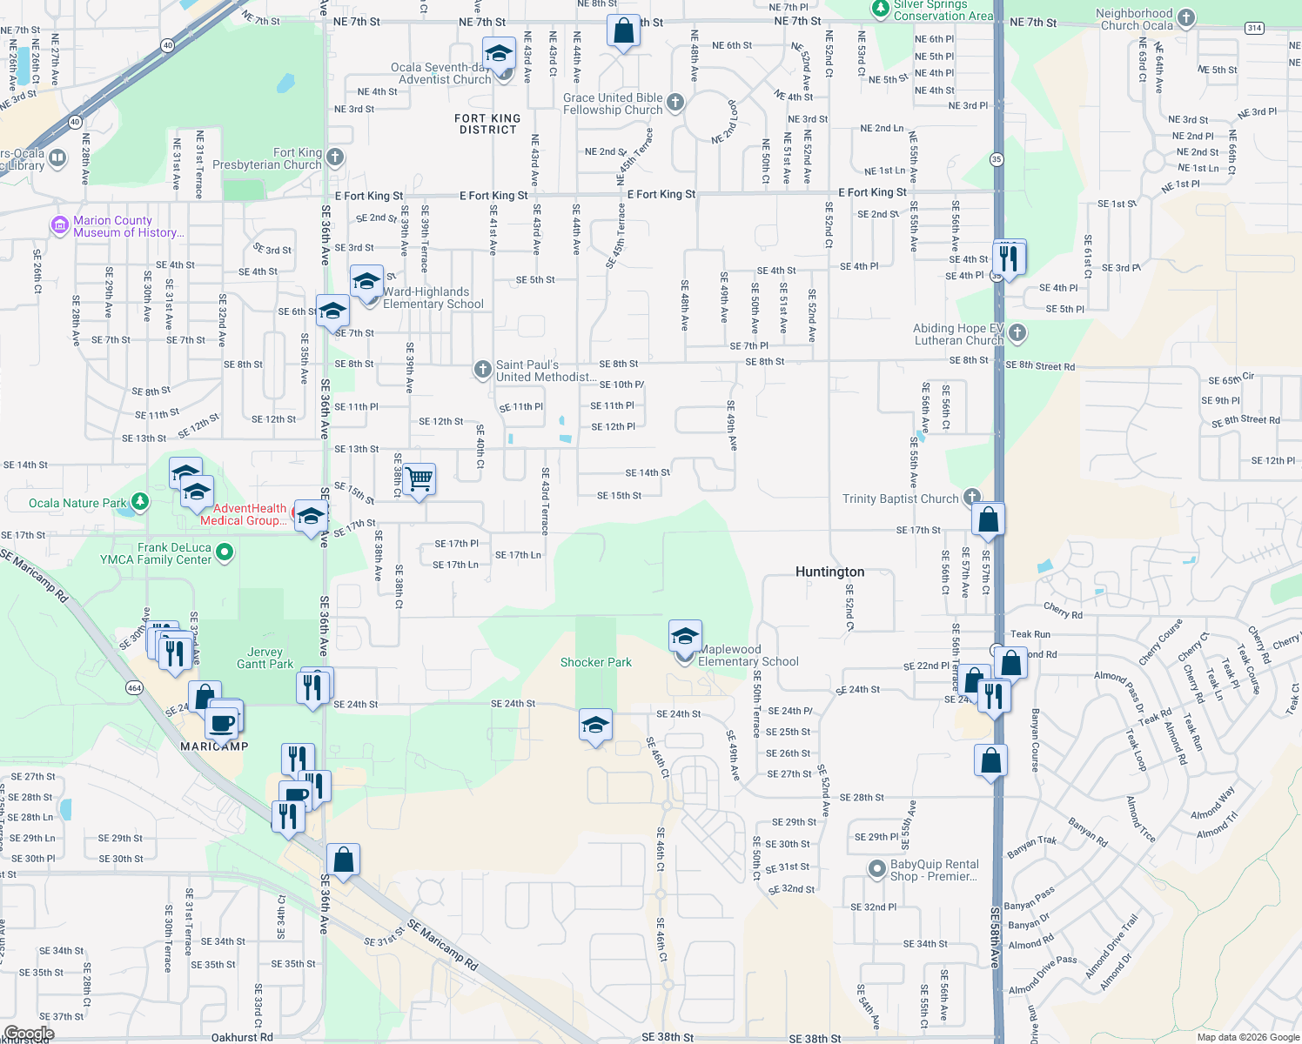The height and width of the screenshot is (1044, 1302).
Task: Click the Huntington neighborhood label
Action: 829,572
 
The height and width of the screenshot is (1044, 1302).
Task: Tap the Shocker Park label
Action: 595,662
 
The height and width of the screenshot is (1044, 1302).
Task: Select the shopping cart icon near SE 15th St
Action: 419,478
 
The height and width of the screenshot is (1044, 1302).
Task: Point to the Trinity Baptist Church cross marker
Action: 971,499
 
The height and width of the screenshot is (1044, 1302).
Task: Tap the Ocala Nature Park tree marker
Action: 139,502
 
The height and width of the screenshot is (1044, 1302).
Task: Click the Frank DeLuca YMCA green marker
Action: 225,552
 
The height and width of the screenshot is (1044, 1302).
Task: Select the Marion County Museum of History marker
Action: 60,226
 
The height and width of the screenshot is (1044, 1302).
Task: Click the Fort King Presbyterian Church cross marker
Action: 335,158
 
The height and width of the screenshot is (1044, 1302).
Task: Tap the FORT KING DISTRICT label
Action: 487,124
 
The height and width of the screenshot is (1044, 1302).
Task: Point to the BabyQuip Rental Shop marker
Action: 878,869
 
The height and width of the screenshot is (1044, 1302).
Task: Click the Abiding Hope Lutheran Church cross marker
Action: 1017,334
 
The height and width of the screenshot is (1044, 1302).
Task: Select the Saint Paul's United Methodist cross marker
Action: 483,370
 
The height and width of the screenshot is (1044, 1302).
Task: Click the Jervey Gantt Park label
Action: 265,658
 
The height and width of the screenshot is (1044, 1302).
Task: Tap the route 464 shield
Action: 134,688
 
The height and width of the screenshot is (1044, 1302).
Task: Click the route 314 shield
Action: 1254,28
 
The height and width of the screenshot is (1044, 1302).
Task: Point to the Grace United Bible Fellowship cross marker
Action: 675,104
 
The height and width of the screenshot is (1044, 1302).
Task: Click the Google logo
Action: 30,1034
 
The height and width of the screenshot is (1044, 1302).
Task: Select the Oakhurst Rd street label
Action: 242,1037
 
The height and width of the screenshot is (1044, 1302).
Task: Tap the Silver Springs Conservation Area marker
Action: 880,9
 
